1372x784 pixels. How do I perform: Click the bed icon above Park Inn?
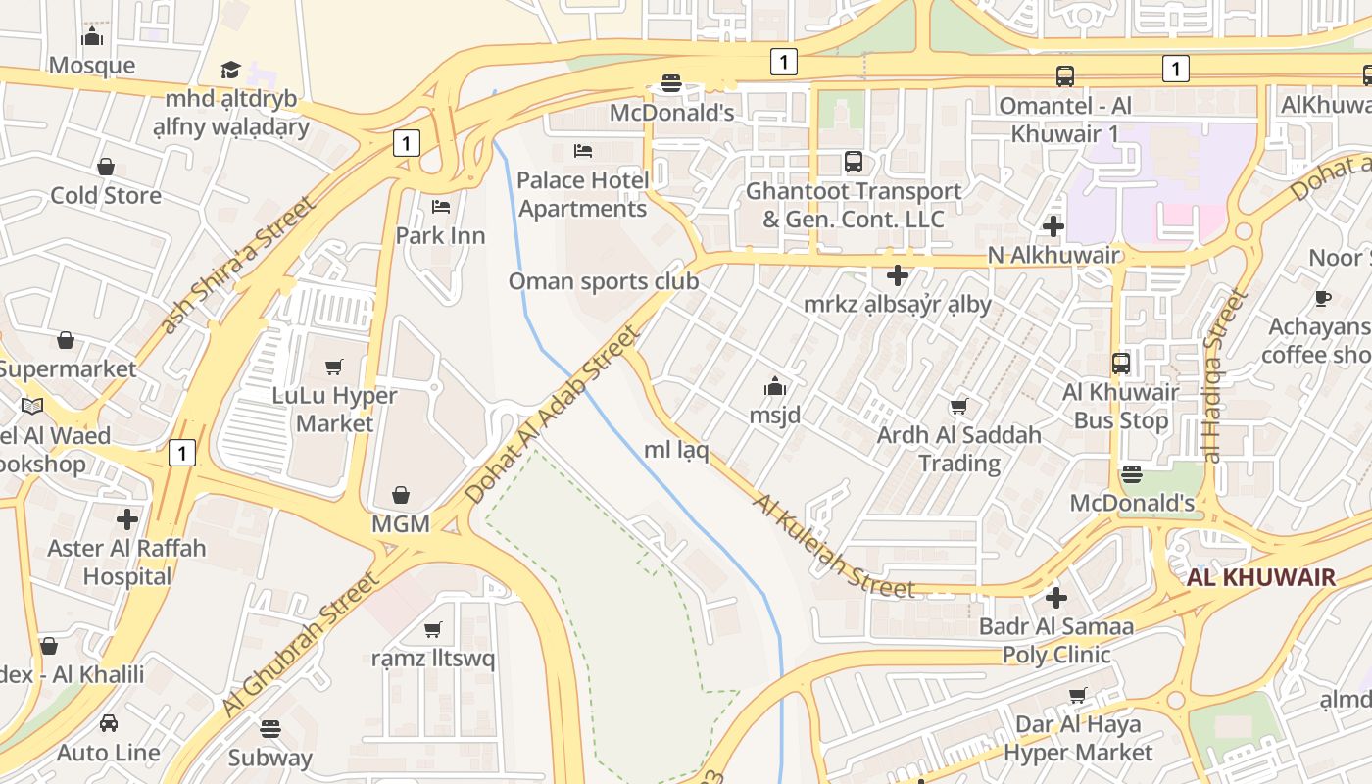click(x=441, y=207)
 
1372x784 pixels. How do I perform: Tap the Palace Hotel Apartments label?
click(x=582, y=194)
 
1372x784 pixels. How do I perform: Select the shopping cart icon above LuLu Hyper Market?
click(x=334, y=367)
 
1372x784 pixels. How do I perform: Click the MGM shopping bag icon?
click(x=401, y=495)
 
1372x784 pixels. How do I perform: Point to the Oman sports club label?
click(x=603, y=281)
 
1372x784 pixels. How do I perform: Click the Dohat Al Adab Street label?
click(x=553, y=416)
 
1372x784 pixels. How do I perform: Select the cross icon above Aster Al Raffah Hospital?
click(x=127, y=519)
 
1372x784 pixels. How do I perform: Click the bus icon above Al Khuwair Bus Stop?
click(x=1121, y=364)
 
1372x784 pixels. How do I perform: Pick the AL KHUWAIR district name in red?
click(x=1260, y=577)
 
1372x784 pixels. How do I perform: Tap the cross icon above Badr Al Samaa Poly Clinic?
click(x=1055, y=597)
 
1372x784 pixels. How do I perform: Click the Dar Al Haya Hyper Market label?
click(x=1078, y=738)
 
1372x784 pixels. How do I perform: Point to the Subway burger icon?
click(x=270, y=728)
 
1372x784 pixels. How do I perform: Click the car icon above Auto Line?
click(x=109, y=723)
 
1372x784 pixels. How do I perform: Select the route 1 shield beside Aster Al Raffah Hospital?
click(x=181, y=453)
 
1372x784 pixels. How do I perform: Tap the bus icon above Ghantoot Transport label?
click(x=854, y=162)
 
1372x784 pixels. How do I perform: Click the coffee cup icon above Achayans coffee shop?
click(x=1323, y=298)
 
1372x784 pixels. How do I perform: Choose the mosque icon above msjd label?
click(x=775, y=386)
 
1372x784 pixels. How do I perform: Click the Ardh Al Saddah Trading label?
click(x=958, y=448)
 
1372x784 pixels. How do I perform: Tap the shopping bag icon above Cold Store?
click(x=106, y=167)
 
